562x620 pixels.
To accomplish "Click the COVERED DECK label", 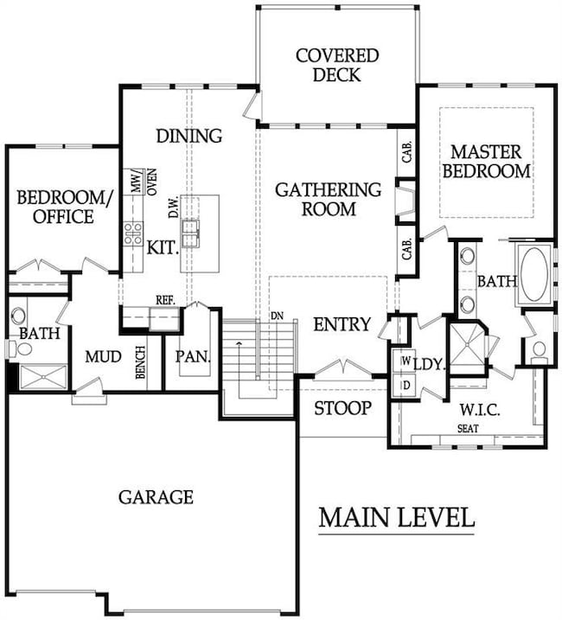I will coord(337,66).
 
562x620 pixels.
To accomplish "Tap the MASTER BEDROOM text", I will coord(486,161).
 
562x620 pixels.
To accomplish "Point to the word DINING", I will coord(188,136).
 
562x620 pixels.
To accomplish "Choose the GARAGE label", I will coord(156,497).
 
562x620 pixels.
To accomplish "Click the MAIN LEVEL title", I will coord(396,518).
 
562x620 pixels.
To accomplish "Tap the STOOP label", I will coord(342,408).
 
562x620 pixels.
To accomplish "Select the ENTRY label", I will coord(342,325).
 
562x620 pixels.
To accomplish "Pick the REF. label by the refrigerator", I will coord(165,300).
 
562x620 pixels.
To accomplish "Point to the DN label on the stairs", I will coord(277,316).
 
